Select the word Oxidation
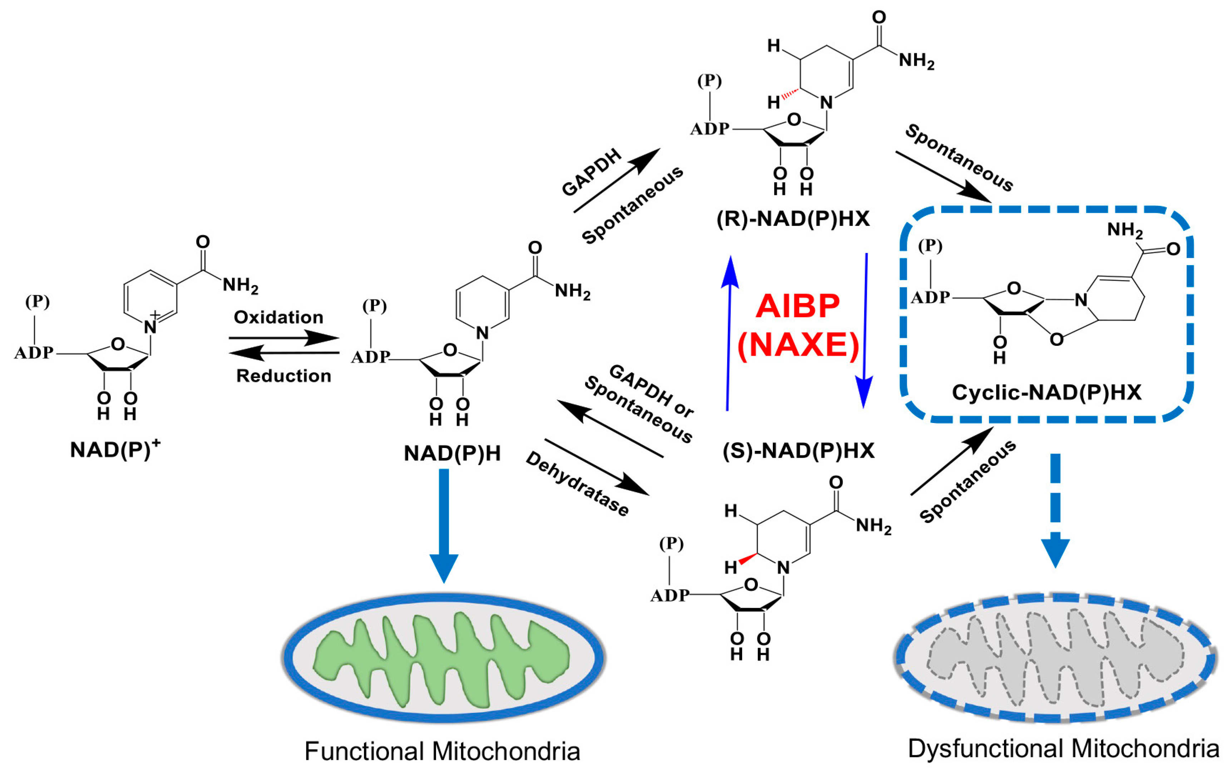(x=278, y=317)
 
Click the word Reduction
(x=283, y=376)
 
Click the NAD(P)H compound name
(x=452, y=453)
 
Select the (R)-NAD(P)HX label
(x=793, y=219)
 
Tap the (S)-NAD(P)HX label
(x=799, y=450)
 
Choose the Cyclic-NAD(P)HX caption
(x=1047, y=392)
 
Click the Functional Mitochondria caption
(x=443, y=751)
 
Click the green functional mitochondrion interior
(x=443, y=659)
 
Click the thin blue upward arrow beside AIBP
(x=729, y=332)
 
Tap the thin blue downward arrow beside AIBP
(x=865, y=332)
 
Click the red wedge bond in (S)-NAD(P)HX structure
(x=748, y=559)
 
